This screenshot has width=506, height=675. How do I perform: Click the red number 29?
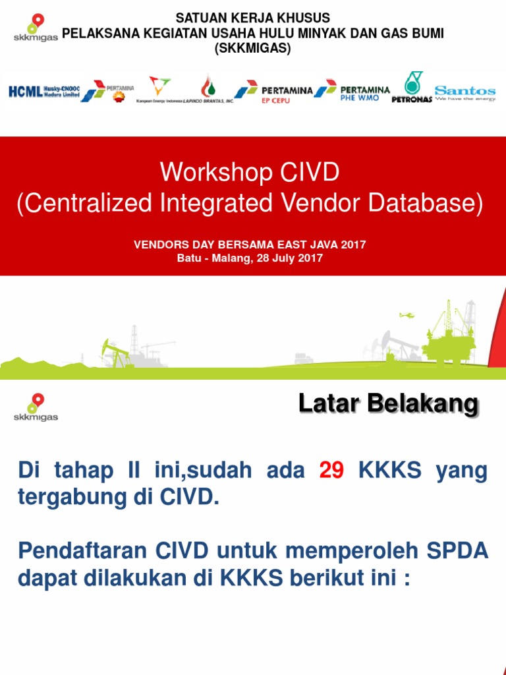(331, 471)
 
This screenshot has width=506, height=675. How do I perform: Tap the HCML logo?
(43, 92)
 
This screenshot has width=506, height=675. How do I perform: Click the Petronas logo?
(412, 88)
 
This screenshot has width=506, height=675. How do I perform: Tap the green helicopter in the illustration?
(407, 315)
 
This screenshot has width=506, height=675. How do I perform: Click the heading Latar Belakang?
(388, 404)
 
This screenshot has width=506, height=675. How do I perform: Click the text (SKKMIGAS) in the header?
(253, 48)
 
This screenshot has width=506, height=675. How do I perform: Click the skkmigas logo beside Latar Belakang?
(36, 407)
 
